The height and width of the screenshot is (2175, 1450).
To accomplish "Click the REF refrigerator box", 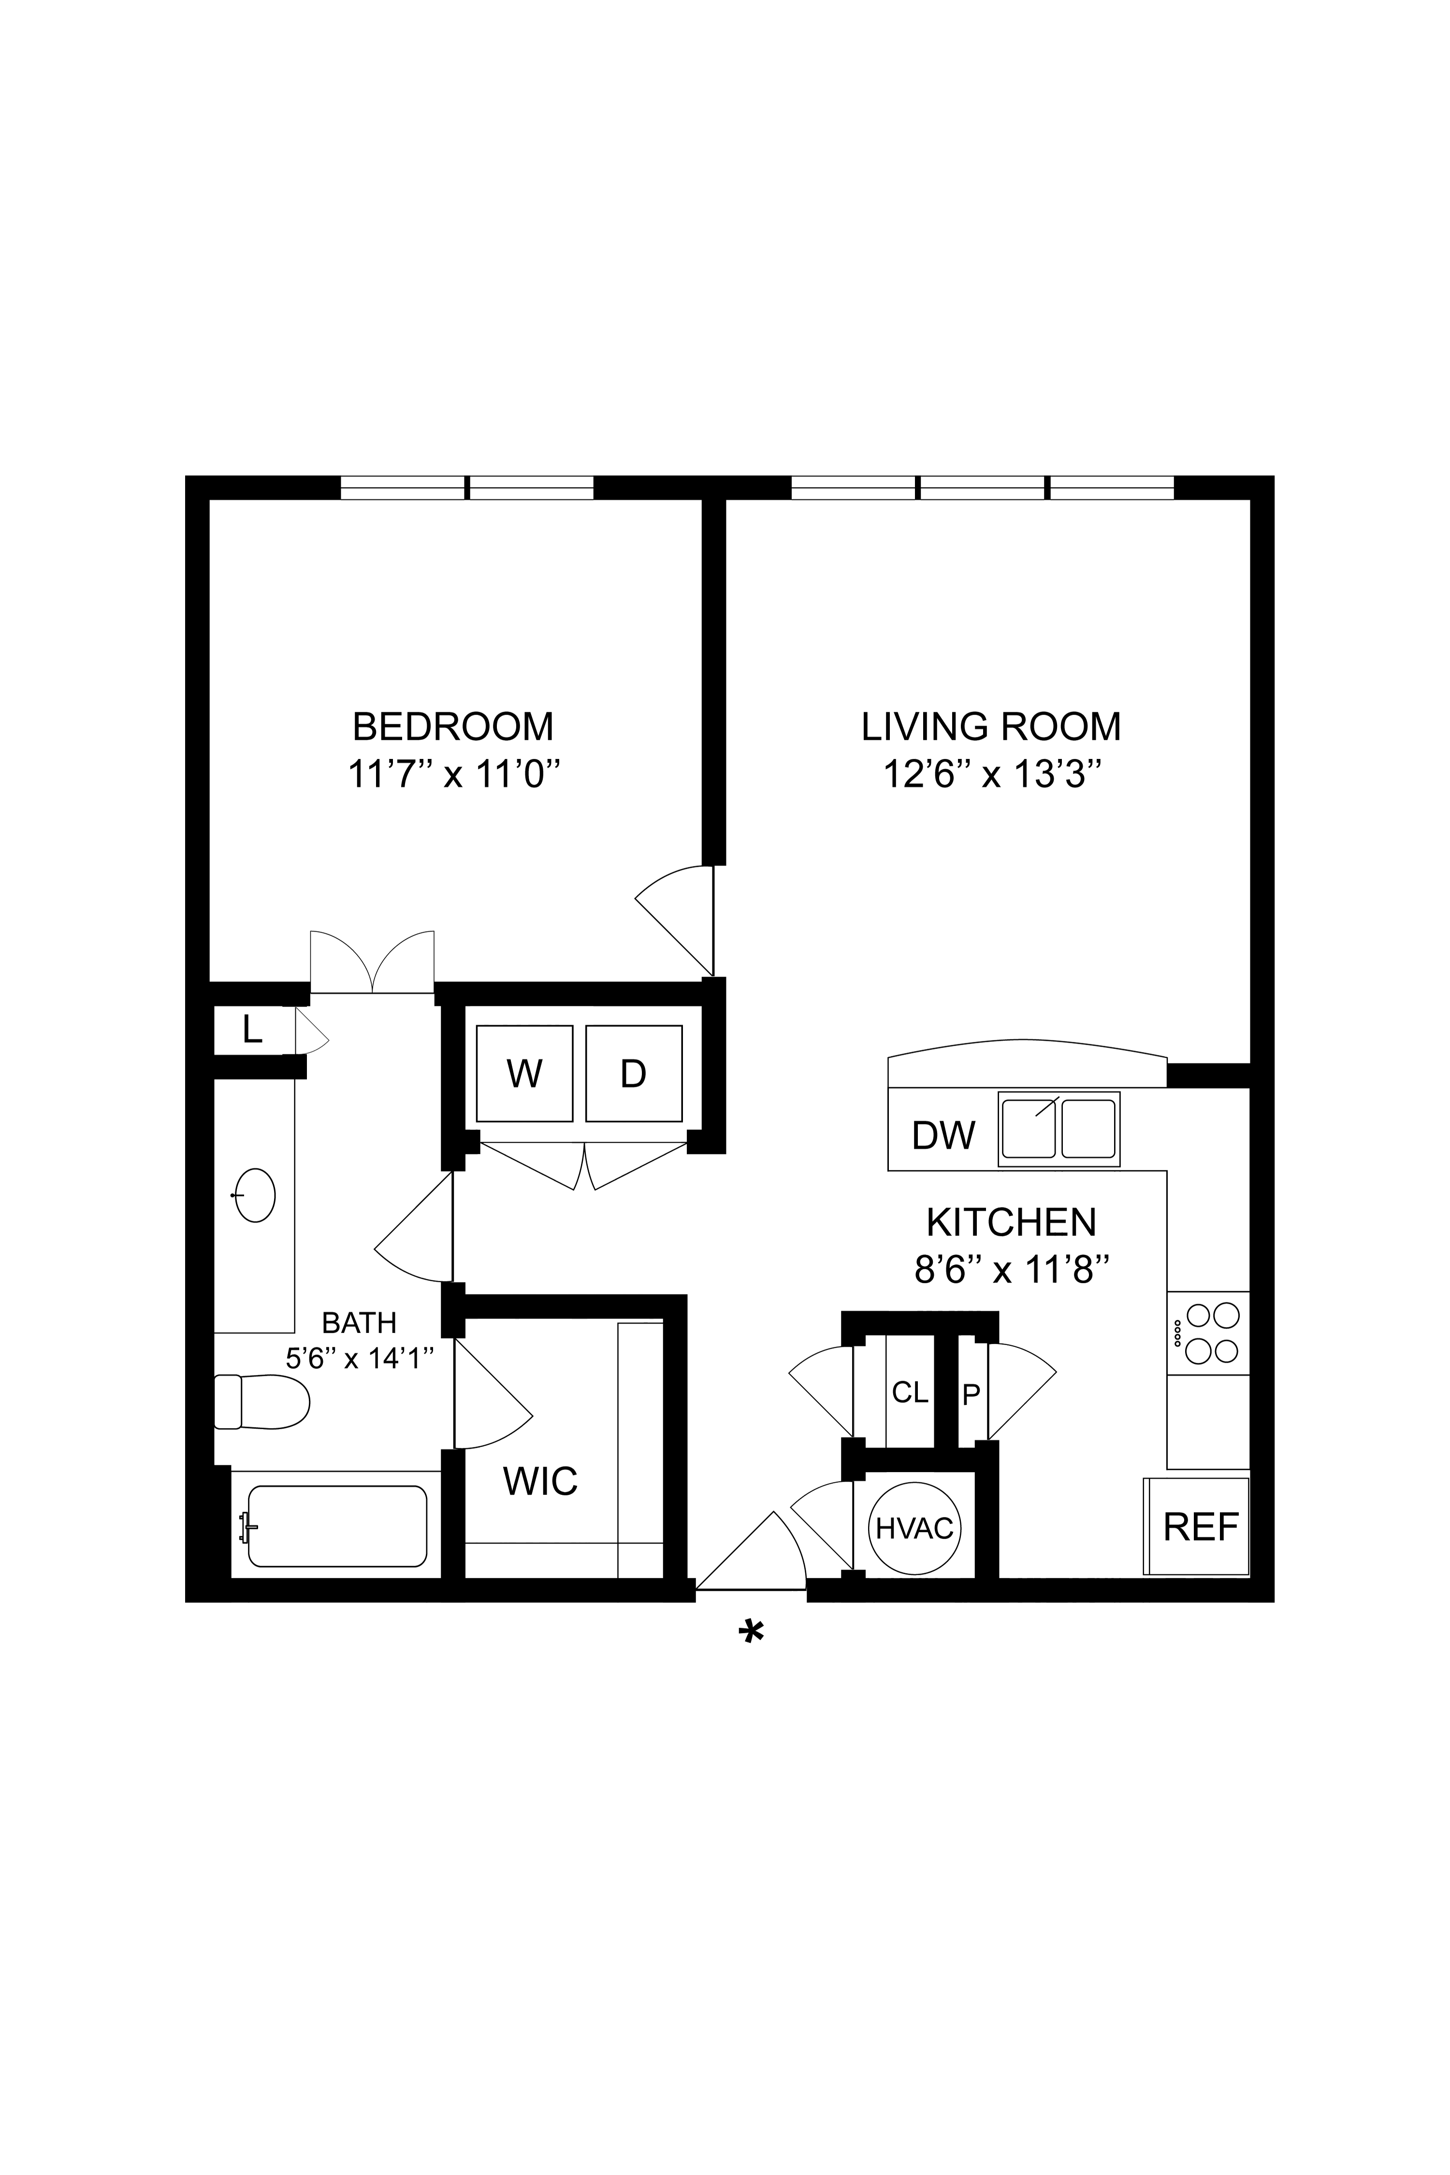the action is point(1198,1527).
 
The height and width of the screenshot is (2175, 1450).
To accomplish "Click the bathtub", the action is point(337,1526).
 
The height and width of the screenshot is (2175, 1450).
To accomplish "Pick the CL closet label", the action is point(910,1393).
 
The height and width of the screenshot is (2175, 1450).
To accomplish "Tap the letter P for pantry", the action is point(970,1395).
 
